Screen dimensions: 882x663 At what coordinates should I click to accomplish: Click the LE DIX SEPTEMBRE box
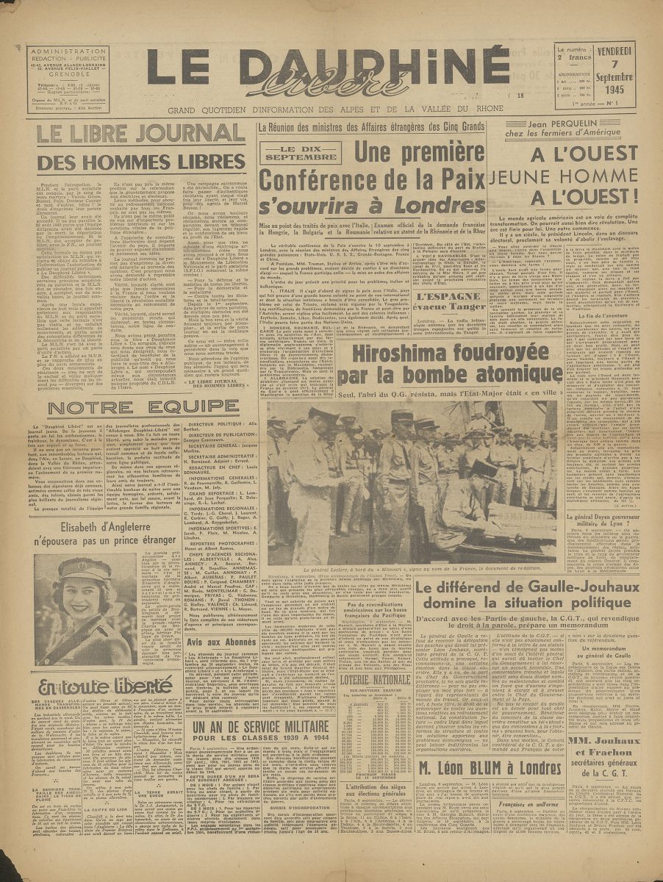point(291,153)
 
